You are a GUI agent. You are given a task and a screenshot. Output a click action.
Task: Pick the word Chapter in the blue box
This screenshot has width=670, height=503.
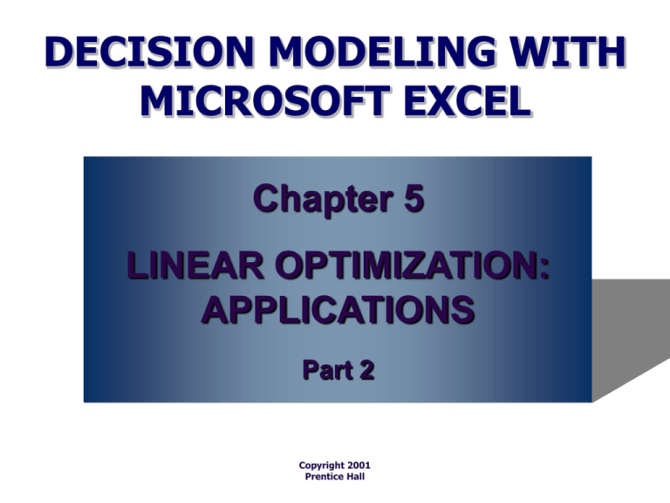pos(324,199)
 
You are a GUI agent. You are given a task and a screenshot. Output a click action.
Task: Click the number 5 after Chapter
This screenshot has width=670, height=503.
pos(414,198)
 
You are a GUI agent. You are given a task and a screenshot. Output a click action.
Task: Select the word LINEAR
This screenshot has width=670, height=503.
pos(195,265)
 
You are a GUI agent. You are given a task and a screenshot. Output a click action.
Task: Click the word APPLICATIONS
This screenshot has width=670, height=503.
pos(338,310)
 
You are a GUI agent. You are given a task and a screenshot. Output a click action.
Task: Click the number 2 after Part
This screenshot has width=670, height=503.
pos(367,370)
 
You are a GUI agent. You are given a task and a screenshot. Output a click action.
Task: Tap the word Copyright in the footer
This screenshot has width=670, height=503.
pos(322,465)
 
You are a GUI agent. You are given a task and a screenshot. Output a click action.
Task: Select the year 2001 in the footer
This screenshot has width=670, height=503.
pos(359,465)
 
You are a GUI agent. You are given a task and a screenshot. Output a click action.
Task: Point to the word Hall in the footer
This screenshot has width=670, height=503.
pos(356,477)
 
